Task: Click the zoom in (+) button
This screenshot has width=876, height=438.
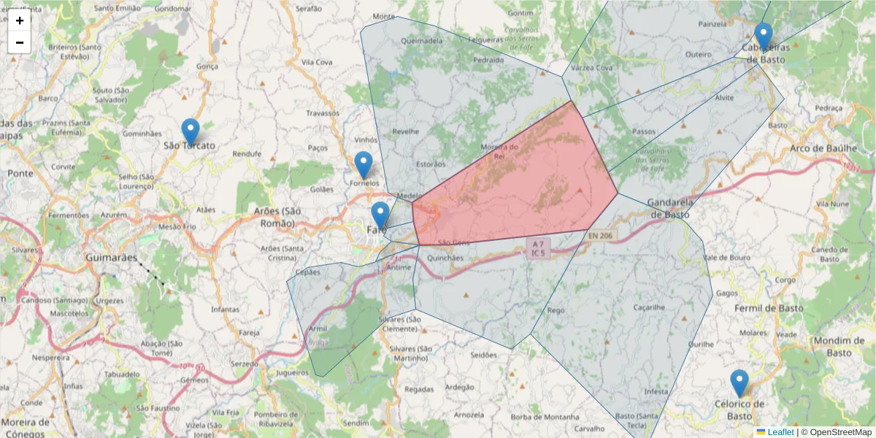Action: (20, 20)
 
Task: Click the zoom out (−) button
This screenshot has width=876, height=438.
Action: (20, 42)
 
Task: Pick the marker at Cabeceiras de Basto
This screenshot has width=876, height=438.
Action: (764, 36)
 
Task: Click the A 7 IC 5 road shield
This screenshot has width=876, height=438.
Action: (538, 248)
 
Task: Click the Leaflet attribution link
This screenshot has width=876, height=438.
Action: (780, 432)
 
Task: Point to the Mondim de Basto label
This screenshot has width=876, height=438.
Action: (829, 347)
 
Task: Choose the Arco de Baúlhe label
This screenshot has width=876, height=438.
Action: (822, 149)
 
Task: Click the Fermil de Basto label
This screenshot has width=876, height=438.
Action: (769, 308)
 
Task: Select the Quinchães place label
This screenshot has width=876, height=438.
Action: (445, 258)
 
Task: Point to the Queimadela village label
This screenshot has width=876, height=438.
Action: (422, 41)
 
